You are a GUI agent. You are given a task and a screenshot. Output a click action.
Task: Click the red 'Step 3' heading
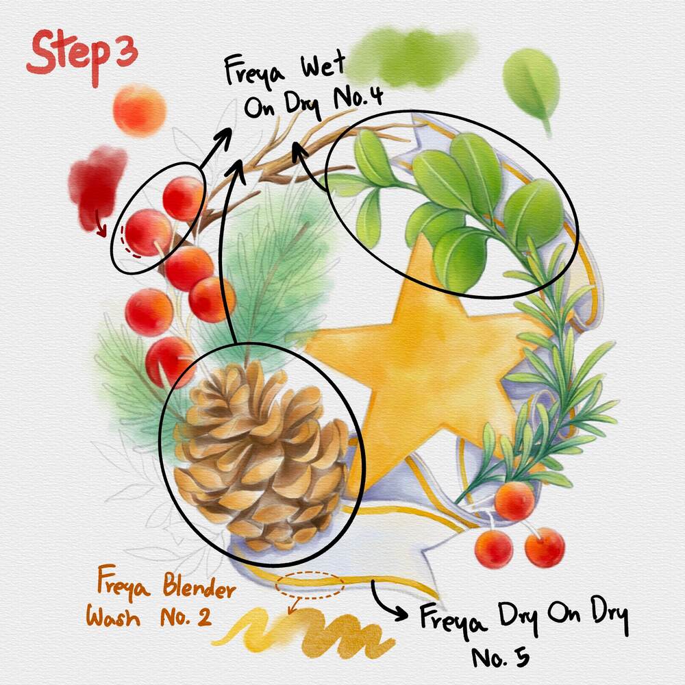(82, 57)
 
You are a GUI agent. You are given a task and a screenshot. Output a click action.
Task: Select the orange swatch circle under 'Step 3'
(139, 110)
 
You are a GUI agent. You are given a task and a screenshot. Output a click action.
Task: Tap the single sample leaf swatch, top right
(532, 88)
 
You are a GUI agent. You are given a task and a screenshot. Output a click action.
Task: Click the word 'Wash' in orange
(113, 617)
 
